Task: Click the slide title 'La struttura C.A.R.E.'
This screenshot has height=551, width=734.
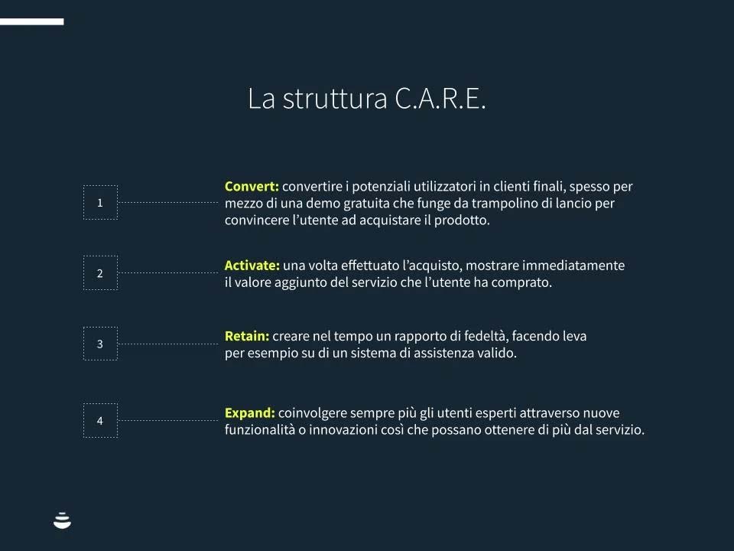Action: pos(366,99)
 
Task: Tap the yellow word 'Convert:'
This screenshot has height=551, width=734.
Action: pos(252,186)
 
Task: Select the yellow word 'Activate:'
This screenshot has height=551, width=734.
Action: pos(252,266)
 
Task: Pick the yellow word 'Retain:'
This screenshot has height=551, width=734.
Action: pos(247,336)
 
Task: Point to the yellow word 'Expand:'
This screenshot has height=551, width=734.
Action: pos(249,412)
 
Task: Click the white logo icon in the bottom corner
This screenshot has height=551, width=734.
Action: pos(62,520)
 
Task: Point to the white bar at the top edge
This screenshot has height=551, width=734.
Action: pos(32,21)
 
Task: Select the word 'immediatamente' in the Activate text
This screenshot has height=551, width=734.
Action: pos(573,266)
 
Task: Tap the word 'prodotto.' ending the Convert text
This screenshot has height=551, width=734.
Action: pos(462,220)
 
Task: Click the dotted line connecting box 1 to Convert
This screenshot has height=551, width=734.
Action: pos(167,202)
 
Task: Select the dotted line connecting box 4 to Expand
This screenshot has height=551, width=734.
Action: pos(167,420)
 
